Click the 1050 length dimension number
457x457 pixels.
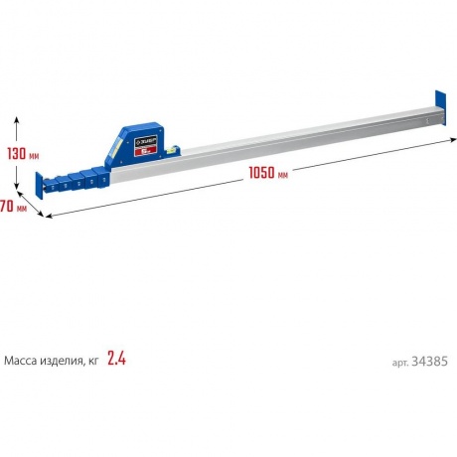[x=262, y=173]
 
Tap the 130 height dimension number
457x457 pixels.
[x=16, y=154]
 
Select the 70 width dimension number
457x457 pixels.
[x=6, y=207]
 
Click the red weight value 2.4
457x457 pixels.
[x=116, y=359]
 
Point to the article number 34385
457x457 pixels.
[x=429, y=362]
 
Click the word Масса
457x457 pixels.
[x=21, y=361]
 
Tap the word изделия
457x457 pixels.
[x=62, y=361]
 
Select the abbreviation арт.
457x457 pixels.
[x=400, y=363]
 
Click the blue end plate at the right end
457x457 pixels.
[x=440, y=108]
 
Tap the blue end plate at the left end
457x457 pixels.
[x=39, y=186]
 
